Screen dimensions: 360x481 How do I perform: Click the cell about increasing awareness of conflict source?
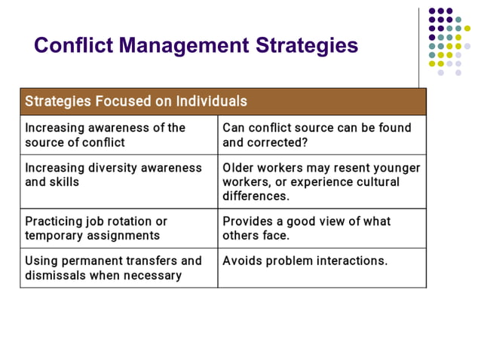(x=118, y=135)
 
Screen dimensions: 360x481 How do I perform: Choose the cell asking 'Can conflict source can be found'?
(x=321, y=135)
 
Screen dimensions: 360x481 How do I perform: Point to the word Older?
(x=239, y=168)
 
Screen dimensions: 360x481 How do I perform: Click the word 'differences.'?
(x=255, y=197)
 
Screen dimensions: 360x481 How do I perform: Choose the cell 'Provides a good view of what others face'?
(x=321, y=228)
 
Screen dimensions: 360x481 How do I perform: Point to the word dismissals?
(x=58, y=276)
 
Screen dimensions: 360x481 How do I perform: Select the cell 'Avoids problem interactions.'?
(x=321, y=268)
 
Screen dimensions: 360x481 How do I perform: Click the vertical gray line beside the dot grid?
(x=419, y=45)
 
